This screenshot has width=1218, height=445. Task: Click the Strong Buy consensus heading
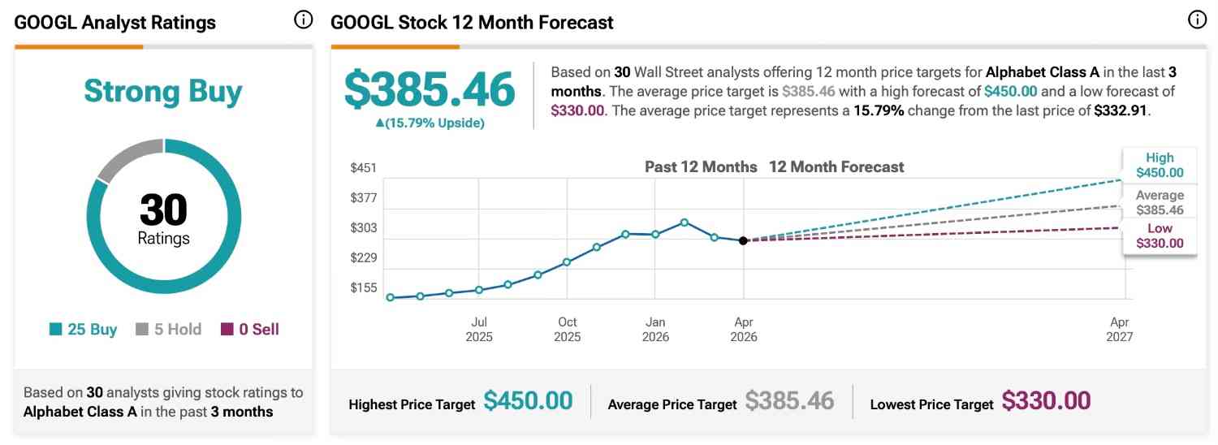(163, 92)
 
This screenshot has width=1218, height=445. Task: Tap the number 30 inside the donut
(163, 210)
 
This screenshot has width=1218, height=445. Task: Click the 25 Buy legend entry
(84, 330)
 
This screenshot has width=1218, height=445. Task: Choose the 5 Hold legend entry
(168, 330)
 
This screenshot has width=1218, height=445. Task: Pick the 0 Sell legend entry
(250, 330)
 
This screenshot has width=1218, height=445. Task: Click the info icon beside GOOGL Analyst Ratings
(303, 20)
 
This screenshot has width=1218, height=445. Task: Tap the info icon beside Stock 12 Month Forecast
(1198, 20)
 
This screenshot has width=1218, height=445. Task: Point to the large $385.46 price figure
(430, 89)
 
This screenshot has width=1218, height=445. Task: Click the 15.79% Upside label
(430, 123)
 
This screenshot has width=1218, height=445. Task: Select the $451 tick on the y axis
(363, 168)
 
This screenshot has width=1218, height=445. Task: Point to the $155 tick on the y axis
(363, 288)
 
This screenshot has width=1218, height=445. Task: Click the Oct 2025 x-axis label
(567, 329)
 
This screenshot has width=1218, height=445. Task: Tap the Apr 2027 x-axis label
(1119, 329)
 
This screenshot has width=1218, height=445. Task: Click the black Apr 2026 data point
(743, 240)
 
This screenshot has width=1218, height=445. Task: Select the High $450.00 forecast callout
(1160, 165)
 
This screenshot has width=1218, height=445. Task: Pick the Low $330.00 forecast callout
(1160, 235)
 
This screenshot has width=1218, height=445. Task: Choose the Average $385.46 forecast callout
(1160, 202)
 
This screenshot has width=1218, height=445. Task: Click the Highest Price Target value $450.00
(528, 401)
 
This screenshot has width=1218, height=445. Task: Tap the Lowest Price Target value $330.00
(1046, 401)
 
